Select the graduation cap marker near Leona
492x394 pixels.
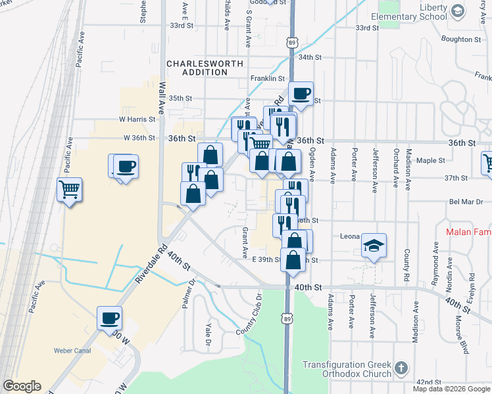coord(374,246)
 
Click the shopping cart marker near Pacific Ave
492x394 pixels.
coord(69,190)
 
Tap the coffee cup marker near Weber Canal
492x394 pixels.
coord(110,318)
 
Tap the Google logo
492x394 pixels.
coord(22,386)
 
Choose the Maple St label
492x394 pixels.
coord(431,160)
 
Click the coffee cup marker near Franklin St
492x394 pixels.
coord(301,94)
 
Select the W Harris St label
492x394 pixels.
coord(137,120)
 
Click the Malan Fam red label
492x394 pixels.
coord(468,231)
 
